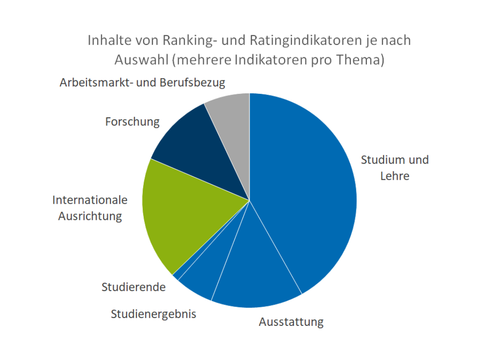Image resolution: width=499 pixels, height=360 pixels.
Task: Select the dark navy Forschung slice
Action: (203, 148)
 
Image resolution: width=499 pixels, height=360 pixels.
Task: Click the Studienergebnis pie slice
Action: (203, 282)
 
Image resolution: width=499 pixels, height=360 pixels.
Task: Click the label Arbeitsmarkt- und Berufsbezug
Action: (142, 83)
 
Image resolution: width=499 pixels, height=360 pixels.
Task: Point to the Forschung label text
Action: (132, 122)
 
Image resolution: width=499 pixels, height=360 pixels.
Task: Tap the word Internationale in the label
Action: (90, 200)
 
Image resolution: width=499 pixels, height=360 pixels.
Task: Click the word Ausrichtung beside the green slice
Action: (90, 216)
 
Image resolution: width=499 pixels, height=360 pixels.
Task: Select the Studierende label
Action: (134, 287)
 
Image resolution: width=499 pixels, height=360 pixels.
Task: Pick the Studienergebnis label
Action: (153, 314)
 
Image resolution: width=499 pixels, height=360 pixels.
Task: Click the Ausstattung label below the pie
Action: (291, 322)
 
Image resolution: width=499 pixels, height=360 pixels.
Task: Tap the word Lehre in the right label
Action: (395, 176)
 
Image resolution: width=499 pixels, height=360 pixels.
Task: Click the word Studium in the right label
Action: (380, 160)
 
